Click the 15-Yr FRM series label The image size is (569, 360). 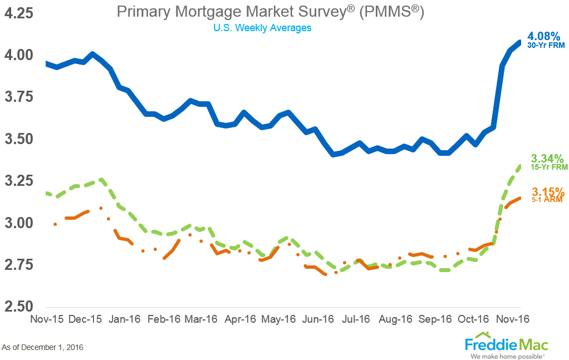click(546, 166)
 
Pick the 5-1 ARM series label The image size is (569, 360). click(546, 199)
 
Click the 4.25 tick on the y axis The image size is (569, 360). click(19, 12)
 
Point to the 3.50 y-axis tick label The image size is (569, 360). click(19, 139)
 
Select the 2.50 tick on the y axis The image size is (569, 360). click(19, 307)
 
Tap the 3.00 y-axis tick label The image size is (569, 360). click(19, 223)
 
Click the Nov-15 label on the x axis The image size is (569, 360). click(47, 319)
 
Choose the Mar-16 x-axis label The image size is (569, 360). click(201, 319)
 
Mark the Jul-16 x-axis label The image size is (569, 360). click(356, 319)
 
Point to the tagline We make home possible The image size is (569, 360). click(506, 354)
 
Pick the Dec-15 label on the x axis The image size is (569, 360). click(85, 319)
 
